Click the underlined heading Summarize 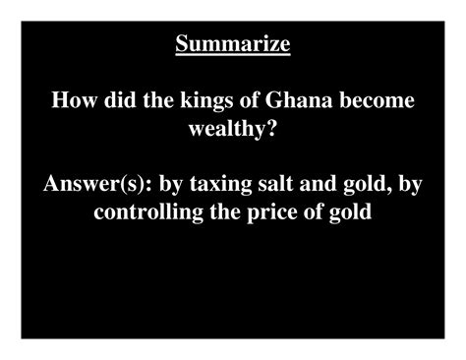coord(233,44)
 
